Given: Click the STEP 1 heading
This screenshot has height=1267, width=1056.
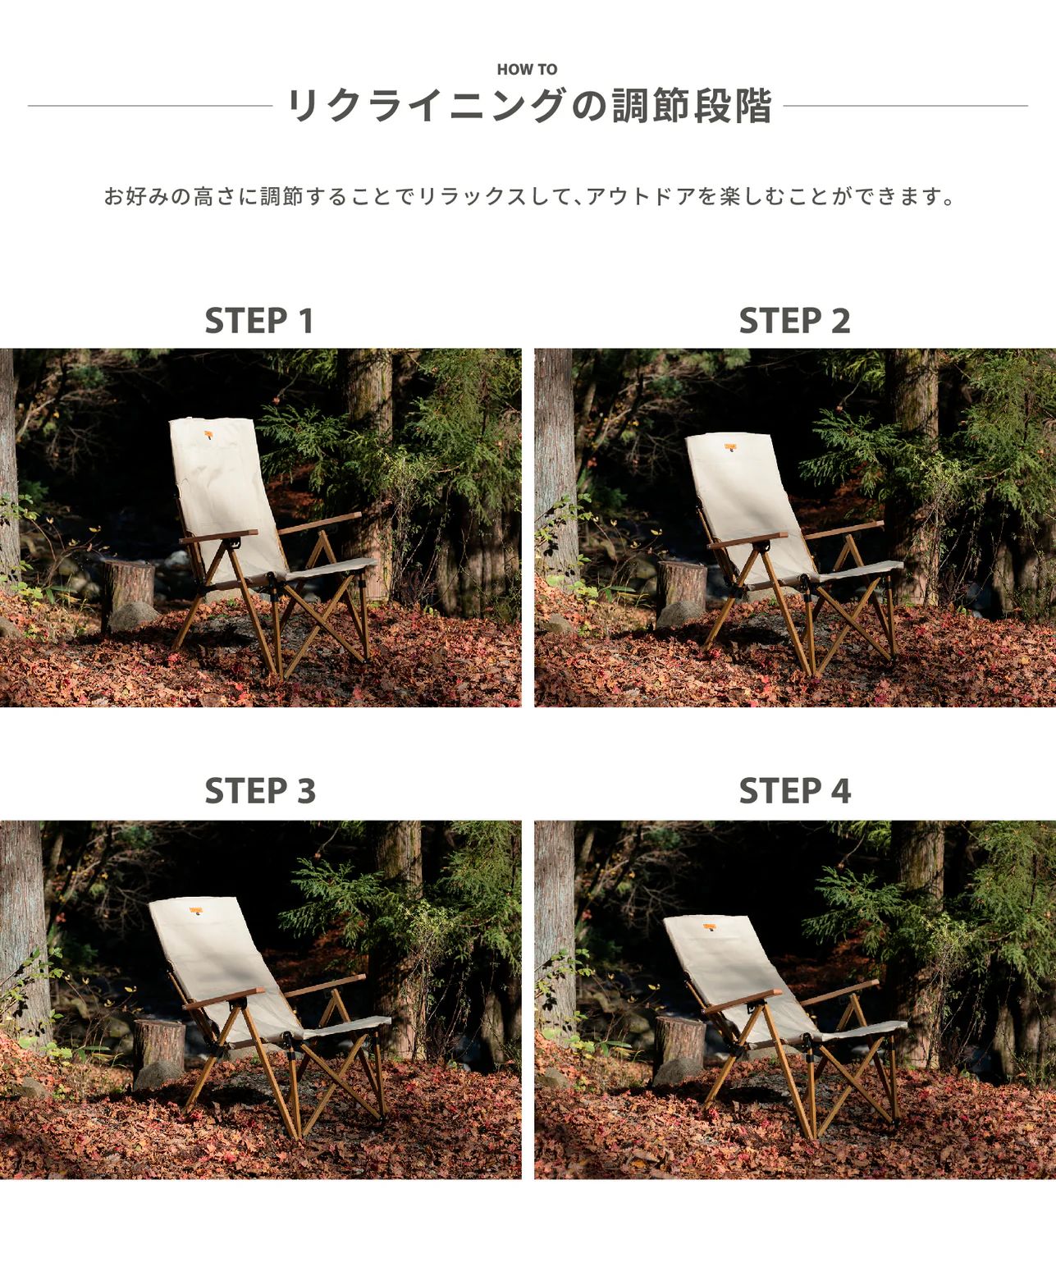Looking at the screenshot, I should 259,321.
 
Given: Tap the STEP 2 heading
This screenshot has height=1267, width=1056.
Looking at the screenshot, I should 794,321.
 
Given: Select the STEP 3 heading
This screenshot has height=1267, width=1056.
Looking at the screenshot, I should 259,791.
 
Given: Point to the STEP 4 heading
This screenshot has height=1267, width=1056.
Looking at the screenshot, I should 794,791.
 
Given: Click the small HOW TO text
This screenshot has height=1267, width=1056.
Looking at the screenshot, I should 527,70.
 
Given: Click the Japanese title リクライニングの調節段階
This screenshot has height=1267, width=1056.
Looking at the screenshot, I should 528,107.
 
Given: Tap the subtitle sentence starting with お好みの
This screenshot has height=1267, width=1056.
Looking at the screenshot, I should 528,197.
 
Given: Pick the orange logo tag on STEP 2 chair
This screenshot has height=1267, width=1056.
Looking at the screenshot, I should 731,447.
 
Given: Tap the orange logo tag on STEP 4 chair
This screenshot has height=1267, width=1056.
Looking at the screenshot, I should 708,926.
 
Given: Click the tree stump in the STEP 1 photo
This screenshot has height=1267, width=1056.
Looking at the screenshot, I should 129,584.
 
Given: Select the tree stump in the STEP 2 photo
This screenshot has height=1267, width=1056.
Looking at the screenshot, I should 682,583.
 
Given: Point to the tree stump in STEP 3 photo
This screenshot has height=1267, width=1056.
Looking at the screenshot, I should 158,1044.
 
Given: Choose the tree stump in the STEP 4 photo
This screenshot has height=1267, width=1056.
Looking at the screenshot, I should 680,1040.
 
